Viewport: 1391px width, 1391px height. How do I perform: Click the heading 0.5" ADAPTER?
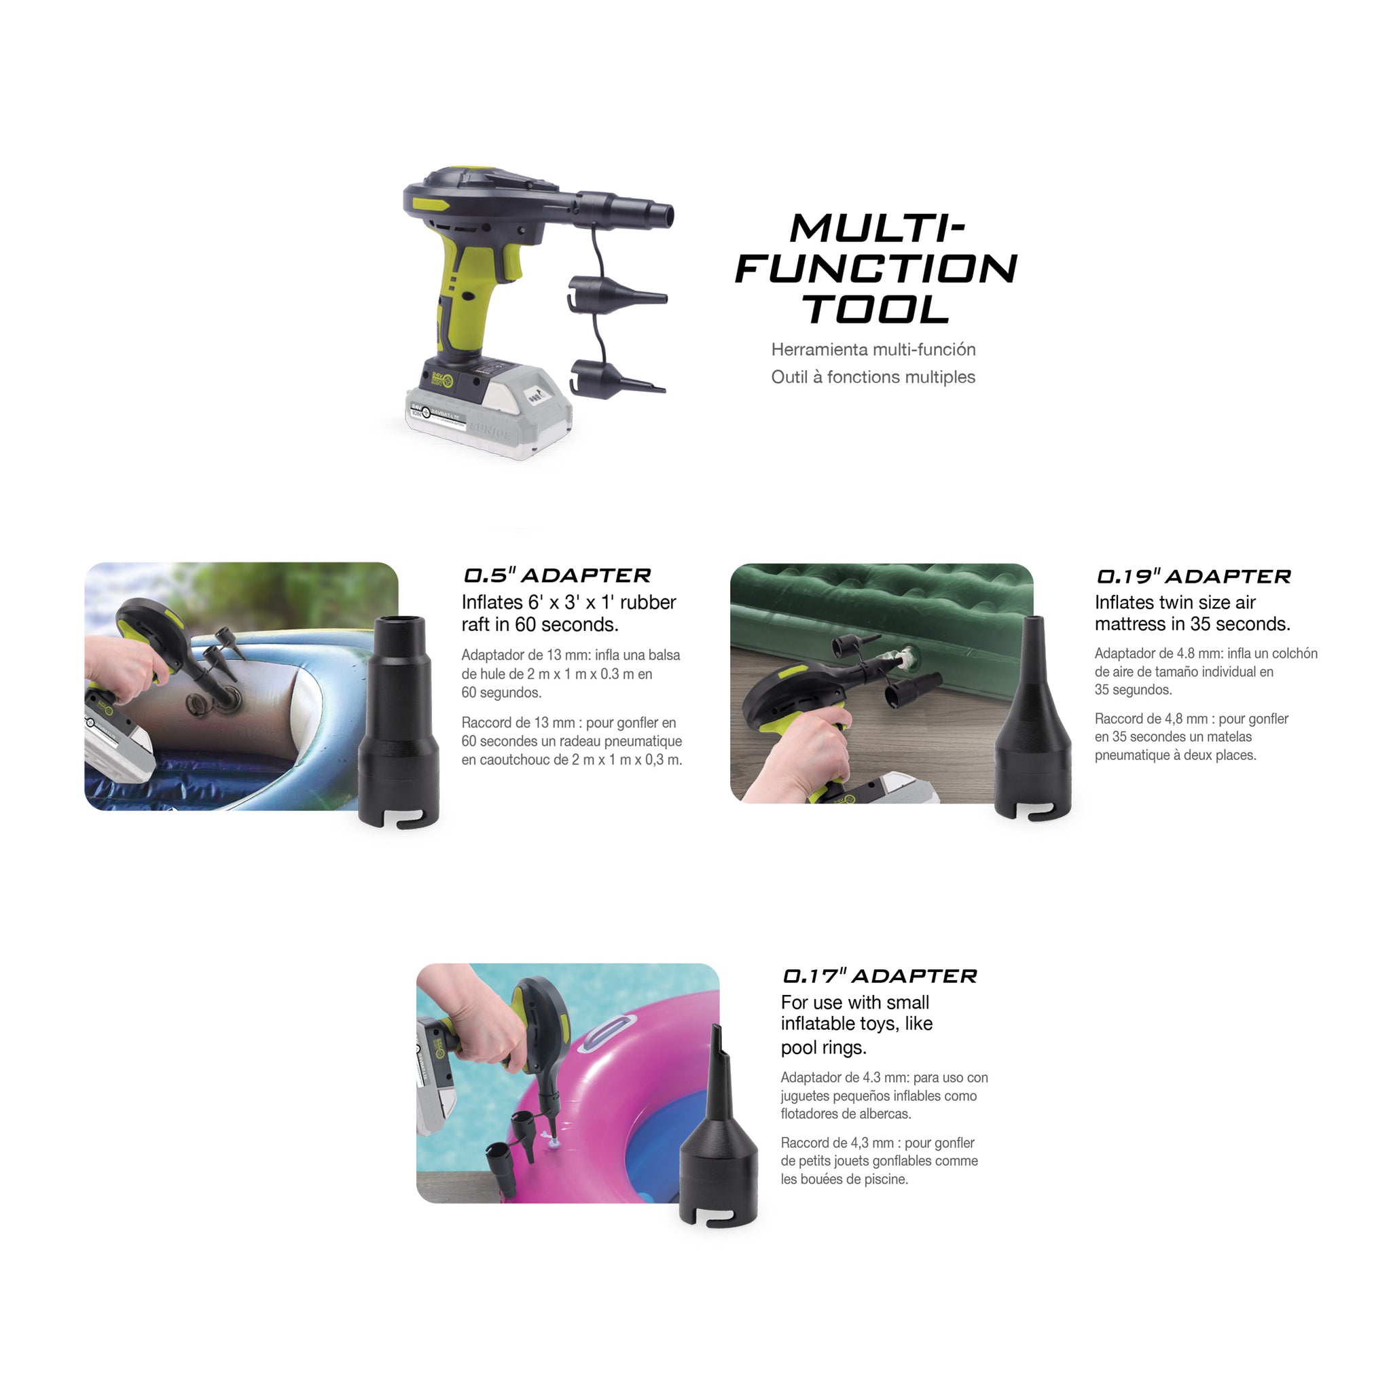pyautogui.click(x=556, y=576)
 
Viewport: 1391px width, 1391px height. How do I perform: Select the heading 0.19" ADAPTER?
pyautogui.click(x=1193, y=577)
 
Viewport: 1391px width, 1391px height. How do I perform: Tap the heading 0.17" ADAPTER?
pyautogui.click(x=879, y=976)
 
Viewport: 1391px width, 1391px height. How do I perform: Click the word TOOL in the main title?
pyautogui.click(x=876, y=310)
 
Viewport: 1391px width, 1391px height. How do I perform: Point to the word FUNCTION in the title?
pyautogui.click(x=875, y=268)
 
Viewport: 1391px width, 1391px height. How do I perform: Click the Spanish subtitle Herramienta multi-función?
pyautogui.click(x=873, y=350)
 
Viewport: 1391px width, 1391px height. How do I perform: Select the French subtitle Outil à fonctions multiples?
pyautogui.click(x=873, y=377)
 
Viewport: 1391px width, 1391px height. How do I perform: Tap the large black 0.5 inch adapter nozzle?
pyautogui.click(x=398, y=720)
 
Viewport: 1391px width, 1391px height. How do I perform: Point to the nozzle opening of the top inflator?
pyautogui.click(x=669, y=214)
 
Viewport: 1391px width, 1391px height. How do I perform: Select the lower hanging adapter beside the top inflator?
pyautogui.click(x=615, y=380)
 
